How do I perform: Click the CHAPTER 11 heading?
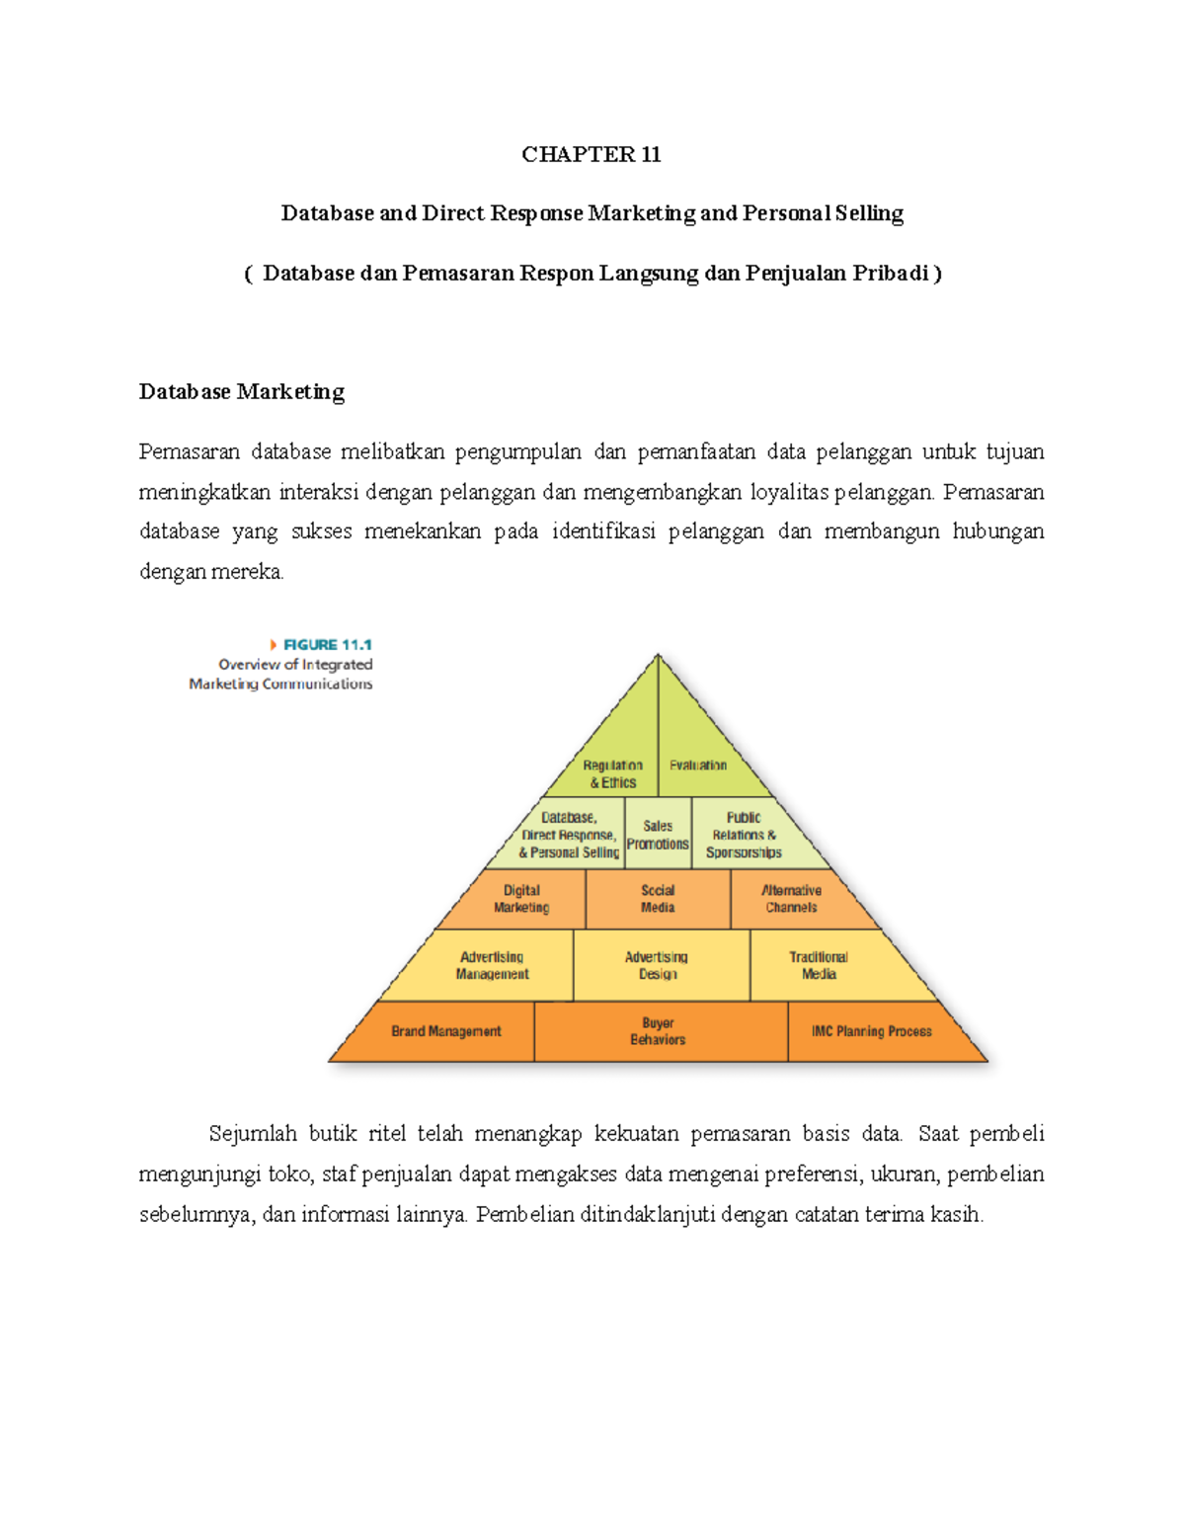pyautogui.click(x=592, y=154)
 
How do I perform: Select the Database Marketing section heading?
pyautogui.click(x=242, y=392)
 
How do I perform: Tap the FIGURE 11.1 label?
pyautogui.click(x=327, y=645)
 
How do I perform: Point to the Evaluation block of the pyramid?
pyautogui.click(x=698, y=765)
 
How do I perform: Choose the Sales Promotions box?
pyautogui.click(x=658, y=835)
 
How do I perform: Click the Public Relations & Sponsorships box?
pyautogui.click(x=744, y=835)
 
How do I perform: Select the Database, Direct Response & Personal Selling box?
pyautogui.click(x=569, y=835)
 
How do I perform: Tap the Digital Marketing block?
pyautogui.click(x=521, y=899)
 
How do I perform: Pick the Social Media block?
pyautogui.click(x=658, y=899)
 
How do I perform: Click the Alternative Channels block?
pyautogui.click(x=792, y=899)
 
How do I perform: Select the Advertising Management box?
pyautogui.click(x=492, y=965)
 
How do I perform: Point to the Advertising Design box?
pyautogui.click(x=657, y=965)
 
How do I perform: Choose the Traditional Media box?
pyautogui.click(x=819, y=965)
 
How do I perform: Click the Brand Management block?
pyautogui.click(x=446, y=1031)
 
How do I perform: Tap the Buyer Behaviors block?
pyautogui.click(x=658, y=1031)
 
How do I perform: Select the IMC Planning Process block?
pyautogui.click(x=872, y=1031)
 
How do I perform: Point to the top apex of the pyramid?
pyautogui.click(x=658, y=656)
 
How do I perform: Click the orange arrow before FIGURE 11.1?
pyautogui.click(x=274, y=645)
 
